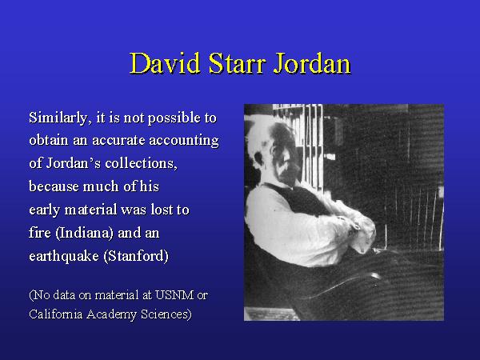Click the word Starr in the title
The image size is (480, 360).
pos(236,63)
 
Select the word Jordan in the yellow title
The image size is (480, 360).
pos(311,64)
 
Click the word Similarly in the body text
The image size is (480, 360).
pos(58,118)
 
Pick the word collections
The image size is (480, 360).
pos(141,163)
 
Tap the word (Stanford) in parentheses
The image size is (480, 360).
pos(136,256)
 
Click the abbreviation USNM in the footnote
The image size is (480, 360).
pos(174,295)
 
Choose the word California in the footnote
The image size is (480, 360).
pos(56,314)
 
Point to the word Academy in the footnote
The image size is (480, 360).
pos(112,315)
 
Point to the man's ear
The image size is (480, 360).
pos(259,157)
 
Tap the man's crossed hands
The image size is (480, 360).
pos(358,225)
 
